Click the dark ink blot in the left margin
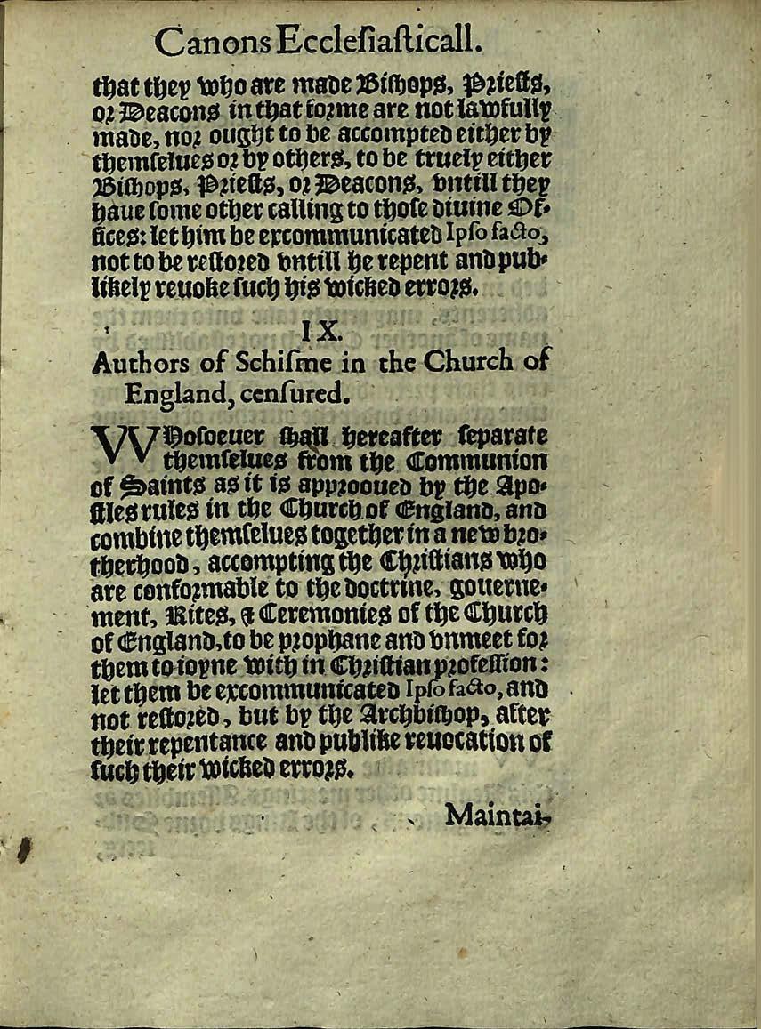(23, 852)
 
